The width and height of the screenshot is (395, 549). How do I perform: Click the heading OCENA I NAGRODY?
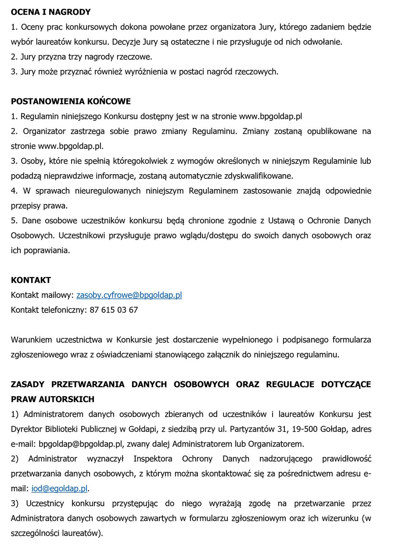tap(50, 12)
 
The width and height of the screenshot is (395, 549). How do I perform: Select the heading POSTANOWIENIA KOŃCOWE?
tap(71, 101)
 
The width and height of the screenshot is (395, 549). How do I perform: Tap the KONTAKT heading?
tap(31, 280)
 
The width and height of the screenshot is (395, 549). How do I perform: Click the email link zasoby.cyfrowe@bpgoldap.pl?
tap(129, 295)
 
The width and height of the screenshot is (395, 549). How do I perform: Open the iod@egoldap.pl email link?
tap(60, 488)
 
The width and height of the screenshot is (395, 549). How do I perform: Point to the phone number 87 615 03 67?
tap(114, 310)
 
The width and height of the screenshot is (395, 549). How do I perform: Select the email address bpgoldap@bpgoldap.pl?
tap(74, 444)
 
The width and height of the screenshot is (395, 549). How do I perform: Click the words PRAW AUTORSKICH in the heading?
tap(53, 399)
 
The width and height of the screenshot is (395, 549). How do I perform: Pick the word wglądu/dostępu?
tap(207, 236)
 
